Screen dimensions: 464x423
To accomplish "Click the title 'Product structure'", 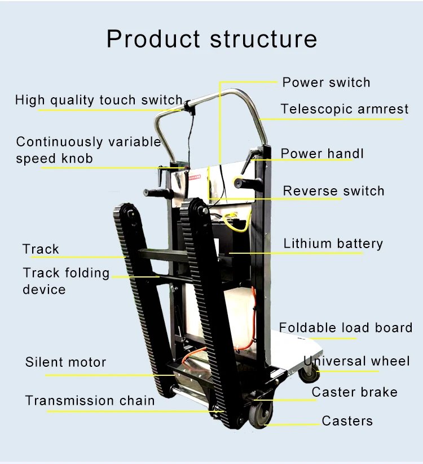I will [x=211, y=39].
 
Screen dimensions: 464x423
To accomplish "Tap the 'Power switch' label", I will [x=326, y=83].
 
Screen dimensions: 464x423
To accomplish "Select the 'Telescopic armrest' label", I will [x=344, y=109].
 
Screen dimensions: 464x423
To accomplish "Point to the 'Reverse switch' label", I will [x=333, y=191].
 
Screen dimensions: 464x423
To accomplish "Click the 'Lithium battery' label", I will [x=333, y=244].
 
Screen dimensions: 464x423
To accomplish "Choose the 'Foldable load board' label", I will [x=345, y=328].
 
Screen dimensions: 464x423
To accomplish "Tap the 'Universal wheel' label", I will [x=356, y=361].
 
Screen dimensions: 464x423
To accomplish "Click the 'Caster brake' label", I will [x=354, y=392].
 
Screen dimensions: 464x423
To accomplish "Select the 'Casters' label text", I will [x=347, y=421].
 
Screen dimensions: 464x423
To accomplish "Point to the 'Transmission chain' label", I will [x=90, y=401].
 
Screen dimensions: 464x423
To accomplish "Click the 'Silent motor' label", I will [x=65, y=362].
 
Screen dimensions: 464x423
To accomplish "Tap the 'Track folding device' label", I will [x=66, y=281].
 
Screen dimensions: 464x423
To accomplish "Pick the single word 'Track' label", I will [x=41, y=249].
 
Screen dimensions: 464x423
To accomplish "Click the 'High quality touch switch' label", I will [x=99, y=101].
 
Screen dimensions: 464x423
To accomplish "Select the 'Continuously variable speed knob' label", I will [x=88, y=150].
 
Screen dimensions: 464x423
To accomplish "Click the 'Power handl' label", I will [x=322, y=154].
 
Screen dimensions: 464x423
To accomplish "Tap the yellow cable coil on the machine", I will [x=236, y=221].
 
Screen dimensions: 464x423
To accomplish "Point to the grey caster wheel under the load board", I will [x=309, y=372].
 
